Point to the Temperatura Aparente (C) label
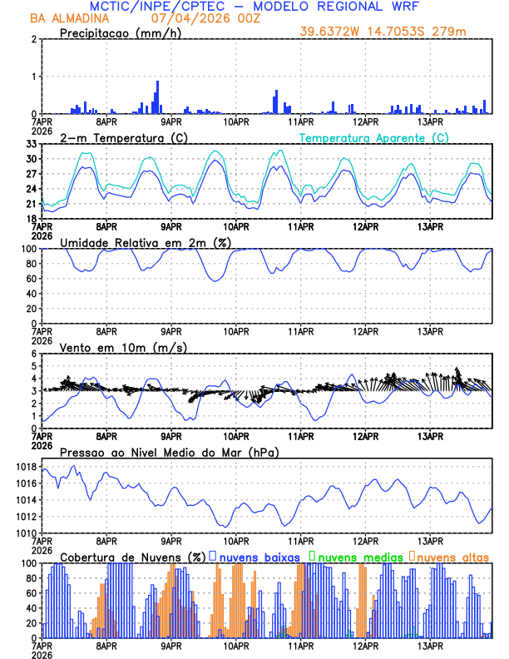[374, 137]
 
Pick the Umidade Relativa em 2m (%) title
[143, 242]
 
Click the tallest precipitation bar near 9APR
[157, 97]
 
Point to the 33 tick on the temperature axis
[32, 144]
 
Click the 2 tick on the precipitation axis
[33, 39]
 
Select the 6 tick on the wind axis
[33, 354]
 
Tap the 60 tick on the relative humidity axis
[31, 279]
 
